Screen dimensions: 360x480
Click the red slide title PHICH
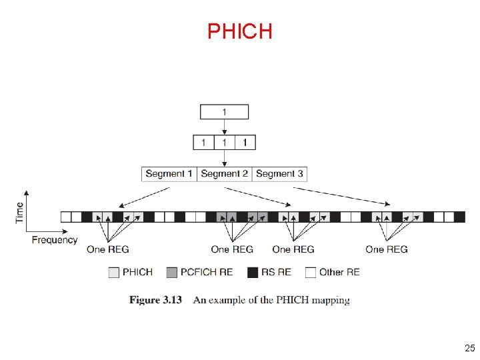click(239, 31)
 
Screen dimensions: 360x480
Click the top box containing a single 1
click(225, 111)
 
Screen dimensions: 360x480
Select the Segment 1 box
click(169, 173)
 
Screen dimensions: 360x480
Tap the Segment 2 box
click(225, 173)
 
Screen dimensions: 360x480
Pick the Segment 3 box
click(279, 173)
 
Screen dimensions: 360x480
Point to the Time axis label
click(19, 212)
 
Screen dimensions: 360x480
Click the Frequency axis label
click(55, 240)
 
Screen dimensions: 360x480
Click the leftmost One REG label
click(108, 249)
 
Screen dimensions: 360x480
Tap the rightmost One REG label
click(387, 249)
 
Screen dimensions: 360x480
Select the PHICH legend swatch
click(114, 272)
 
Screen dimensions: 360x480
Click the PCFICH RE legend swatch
click(172, 272)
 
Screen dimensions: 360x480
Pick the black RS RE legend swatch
click(253, 272)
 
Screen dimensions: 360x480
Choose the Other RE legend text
click(339, 272)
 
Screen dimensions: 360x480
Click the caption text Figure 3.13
click(155, 300)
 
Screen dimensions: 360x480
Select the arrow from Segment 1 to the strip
click(143, 197)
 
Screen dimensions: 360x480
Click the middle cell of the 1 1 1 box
click(225, 142)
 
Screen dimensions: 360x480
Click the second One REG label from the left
click(232, 249)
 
